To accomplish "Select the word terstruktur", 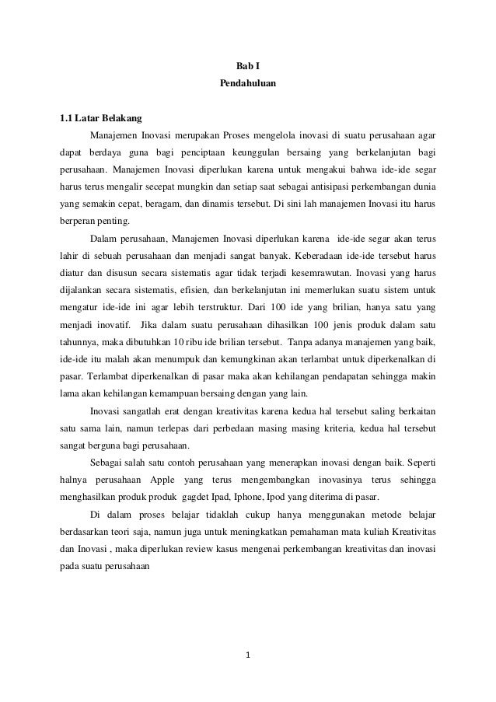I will click(x=212, y=305).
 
